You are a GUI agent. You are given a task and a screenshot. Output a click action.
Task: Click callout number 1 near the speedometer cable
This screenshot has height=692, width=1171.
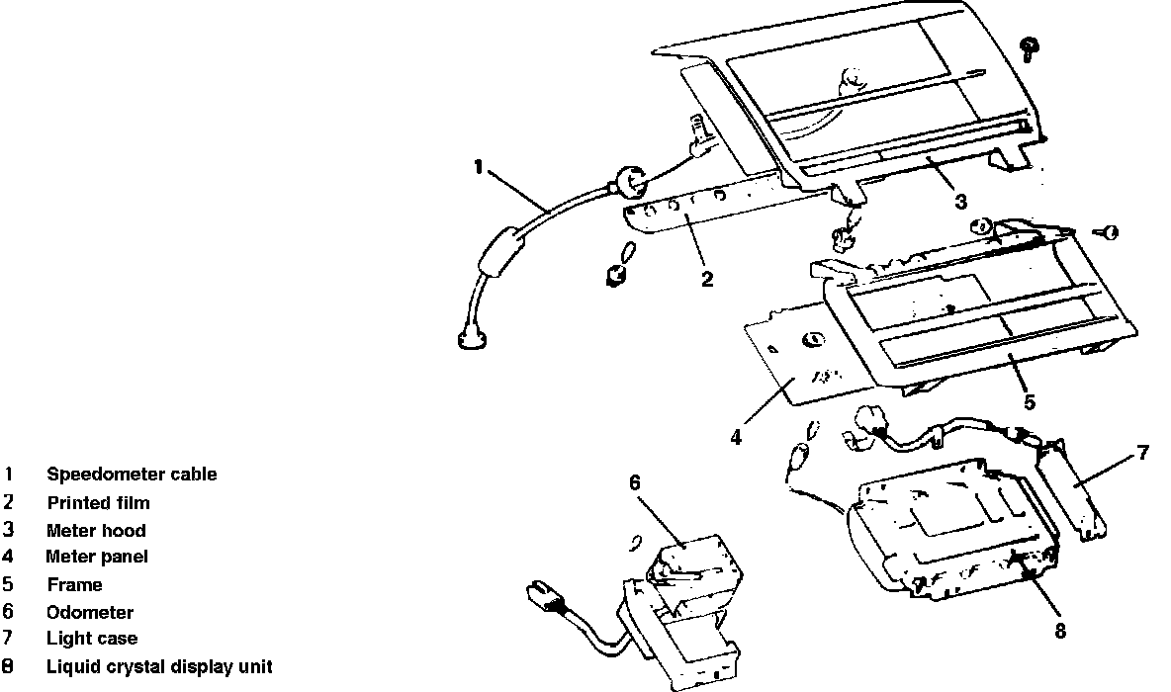coord(479,167)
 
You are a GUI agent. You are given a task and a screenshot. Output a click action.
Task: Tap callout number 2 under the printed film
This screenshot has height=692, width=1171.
coord(706,279)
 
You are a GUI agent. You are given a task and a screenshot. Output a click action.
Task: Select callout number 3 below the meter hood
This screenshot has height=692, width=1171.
coord(960,202)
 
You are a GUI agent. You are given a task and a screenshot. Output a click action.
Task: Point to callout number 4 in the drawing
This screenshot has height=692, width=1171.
coord(736,436)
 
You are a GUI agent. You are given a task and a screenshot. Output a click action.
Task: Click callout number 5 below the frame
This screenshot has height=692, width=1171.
coord(1030,401)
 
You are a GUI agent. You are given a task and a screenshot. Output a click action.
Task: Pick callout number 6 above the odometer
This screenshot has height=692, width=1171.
coord(635,481)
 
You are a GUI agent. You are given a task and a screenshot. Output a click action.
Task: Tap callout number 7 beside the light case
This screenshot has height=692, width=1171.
coord(1143,453)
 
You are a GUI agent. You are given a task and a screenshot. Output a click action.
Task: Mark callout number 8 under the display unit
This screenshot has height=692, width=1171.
coord(1060,631)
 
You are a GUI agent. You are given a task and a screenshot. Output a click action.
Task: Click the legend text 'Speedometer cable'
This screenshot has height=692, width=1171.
coord(132,475)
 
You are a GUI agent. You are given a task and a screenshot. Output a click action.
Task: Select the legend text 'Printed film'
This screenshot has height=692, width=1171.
coord(98,502)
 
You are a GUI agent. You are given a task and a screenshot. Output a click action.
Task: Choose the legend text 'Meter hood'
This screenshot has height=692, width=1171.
coord(96,530)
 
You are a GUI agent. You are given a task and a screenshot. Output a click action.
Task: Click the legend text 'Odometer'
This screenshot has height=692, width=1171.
coord(90,612)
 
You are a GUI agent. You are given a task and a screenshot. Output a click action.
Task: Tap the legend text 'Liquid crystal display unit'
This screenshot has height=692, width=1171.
coord(159,666)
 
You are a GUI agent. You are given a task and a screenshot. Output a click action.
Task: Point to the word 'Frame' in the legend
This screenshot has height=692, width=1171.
coord(74,584)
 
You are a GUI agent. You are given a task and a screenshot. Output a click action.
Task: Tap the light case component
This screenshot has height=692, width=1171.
coord(1073,488)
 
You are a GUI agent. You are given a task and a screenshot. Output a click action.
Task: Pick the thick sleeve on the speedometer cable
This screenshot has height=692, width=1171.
coord(501,255)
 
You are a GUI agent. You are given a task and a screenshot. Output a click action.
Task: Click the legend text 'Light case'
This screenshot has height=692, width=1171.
coord(92,639)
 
